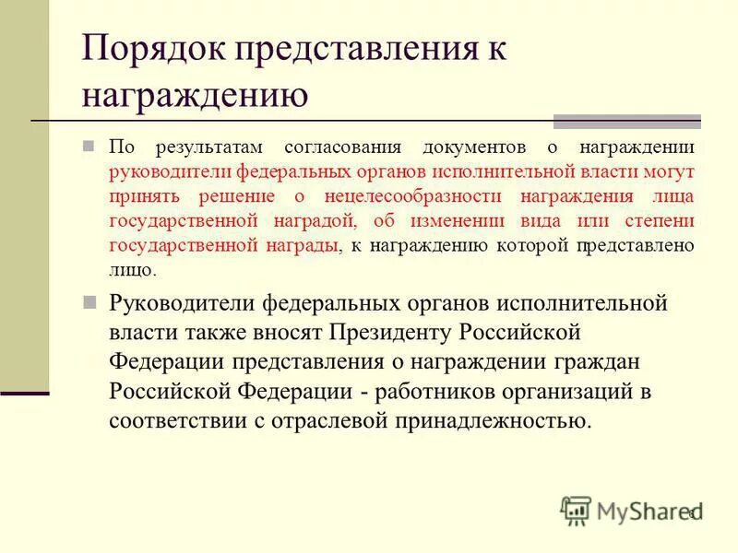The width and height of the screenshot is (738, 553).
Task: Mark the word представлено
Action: pyautogui.click(x=636, y=245)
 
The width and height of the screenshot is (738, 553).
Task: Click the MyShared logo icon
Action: pyautogui.click(x=576, y=511)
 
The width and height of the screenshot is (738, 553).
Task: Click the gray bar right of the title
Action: pyautogui.click(x=626, y=121)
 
